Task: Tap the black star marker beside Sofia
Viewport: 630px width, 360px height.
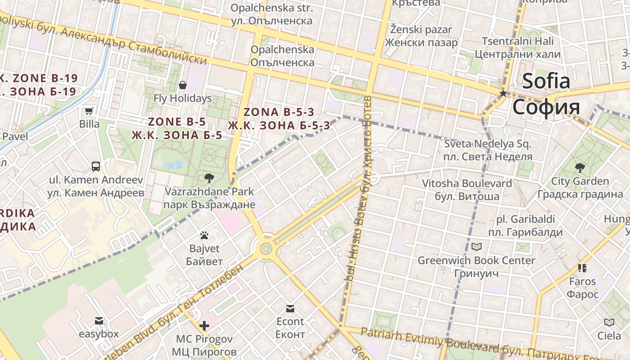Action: pos(503,94)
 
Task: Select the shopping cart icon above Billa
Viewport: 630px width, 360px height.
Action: pos(89,111)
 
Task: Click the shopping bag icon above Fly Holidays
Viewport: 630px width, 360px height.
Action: pos(183,85)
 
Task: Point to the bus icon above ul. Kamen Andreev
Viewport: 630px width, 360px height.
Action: pos(96,166)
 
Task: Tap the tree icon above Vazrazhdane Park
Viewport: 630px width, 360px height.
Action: pos(209,178)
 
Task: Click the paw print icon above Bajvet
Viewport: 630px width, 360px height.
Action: pos(204,235)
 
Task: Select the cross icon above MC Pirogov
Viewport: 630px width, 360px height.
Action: pos(204,325)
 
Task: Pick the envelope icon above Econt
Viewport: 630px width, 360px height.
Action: pos(290,309)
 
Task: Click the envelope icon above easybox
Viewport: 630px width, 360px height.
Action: pos(99,321)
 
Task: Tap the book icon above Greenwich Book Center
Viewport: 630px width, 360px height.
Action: pos(476,247)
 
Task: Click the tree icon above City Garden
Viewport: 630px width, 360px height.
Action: pos(580,168)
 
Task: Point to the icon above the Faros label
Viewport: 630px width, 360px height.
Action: pos(582,268)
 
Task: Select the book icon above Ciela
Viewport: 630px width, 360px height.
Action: pos(609,323)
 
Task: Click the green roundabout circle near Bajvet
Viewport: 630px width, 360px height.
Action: pos(266,248)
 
